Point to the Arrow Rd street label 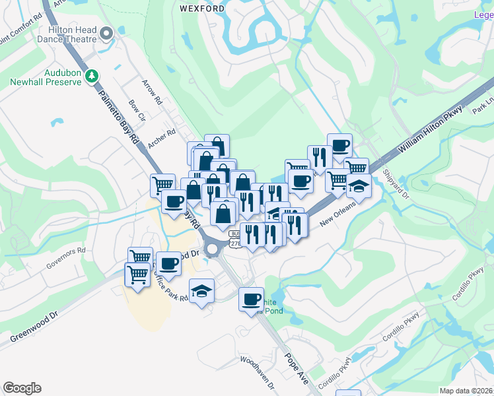[x=152, y=92]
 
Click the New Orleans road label [x=337, y=213]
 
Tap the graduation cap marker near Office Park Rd [x=201, y=290]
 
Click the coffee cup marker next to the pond [x=251, y=300]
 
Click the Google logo [x=22, y=388]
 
